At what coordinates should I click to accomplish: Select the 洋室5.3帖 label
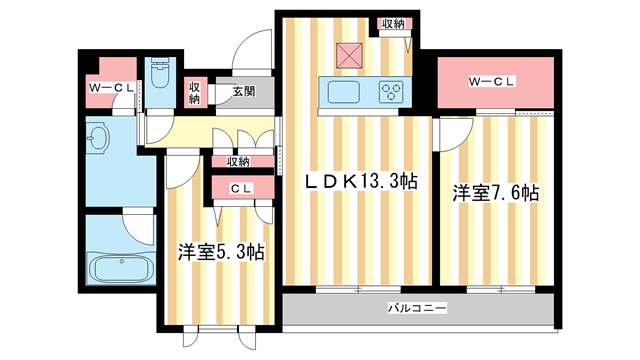pos(221,252)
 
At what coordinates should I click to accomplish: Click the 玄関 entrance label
pos(244,92)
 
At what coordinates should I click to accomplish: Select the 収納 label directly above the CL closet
pos(238,161)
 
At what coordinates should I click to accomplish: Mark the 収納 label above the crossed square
pos(392,23)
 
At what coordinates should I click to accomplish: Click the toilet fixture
pos(160,72)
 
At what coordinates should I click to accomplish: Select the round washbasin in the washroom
pos(98,137)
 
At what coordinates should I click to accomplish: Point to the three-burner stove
pos(391,92)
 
